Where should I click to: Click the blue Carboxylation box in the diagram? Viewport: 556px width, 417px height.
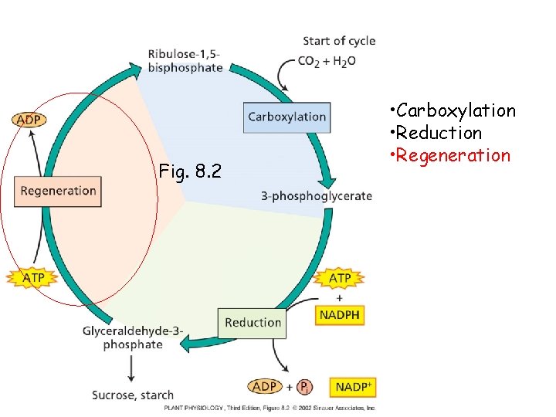[x=286, y=117]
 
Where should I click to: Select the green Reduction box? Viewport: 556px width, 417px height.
[x=253, y=323]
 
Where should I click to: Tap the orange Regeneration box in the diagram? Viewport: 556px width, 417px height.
[x=58, y=191]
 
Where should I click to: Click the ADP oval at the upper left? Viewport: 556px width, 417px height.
[x=29, y=120]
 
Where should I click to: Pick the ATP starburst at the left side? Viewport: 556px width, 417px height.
[x=30, y=277]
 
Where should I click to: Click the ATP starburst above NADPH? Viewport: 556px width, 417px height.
[x=340, y=278]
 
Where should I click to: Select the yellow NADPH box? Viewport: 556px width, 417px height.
[x=339, y=315]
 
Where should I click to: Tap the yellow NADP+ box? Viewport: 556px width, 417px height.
[x=352, y=387]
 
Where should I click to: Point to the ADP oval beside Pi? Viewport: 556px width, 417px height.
[x=266, y=386]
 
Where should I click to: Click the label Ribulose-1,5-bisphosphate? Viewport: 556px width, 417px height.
[x=185, y=60]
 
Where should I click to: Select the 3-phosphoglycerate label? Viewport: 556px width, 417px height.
[x=316, y=196]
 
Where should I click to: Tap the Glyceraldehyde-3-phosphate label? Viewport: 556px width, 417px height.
[x=133, y=338]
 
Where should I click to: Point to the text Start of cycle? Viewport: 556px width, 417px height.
[x=339, y=41]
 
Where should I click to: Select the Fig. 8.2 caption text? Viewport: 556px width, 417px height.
[x=189, y=171]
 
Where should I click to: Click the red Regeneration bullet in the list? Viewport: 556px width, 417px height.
[x=455, y=155]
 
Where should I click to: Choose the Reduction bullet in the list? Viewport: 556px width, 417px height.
[x=440, y=133]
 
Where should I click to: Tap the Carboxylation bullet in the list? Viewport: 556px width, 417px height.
[x=456, y=110]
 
